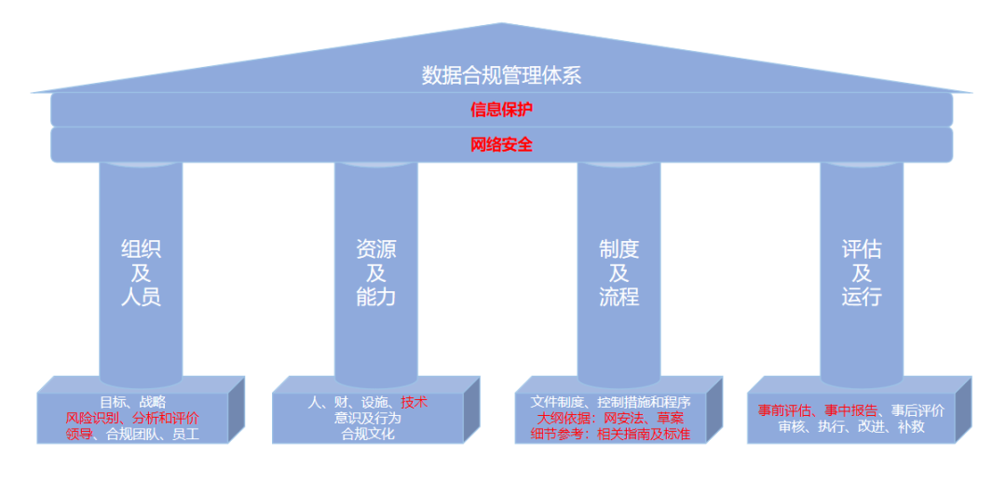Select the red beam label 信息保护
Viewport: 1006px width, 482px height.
click(501, 110)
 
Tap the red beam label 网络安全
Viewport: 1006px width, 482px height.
click(501, 144)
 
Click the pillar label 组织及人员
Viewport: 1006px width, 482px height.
click(141, 273)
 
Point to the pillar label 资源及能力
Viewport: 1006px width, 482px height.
click(375, 273)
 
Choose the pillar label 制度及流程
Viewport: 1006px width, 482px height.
click(619, 273)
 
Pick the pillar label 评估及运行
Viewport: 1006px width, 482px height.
click(861, 273)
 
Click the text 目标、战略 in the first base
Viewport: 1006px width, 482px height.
click(132, 402)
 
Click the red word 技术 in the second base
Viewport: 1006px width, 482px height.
click(415, 402)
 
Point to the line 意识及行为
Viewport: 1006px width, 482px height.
click(368, 418)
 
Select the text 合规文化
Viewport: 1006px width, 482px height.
click(368, 434)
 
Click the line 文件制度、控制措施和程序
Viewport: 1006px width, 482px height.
click(611, 402)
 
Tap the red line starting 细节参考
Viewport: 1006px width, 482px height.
click(611, 434)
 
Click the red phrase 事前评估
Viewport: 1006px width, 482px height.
click(784, 410)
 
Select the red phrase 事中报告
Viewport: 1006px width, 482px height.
click(850, 410)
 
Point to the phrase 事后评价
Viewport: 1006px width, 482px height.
click(918, 410)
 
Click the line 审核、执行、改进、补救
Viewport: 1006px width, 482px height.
click(851, 427)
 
